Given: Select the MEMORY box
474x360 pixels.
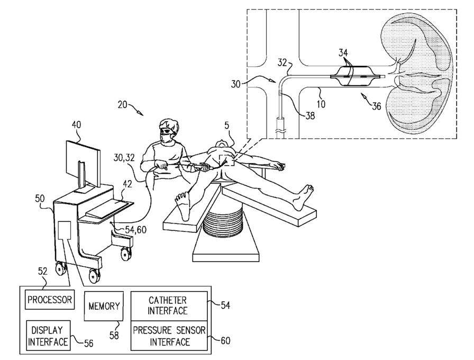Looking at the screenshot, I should [104, 306].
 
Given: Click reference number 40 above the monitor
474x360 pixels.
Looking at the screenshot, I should [77, 124].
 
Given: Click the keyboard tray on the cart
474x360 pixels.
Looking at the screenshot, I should [109, 209].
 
